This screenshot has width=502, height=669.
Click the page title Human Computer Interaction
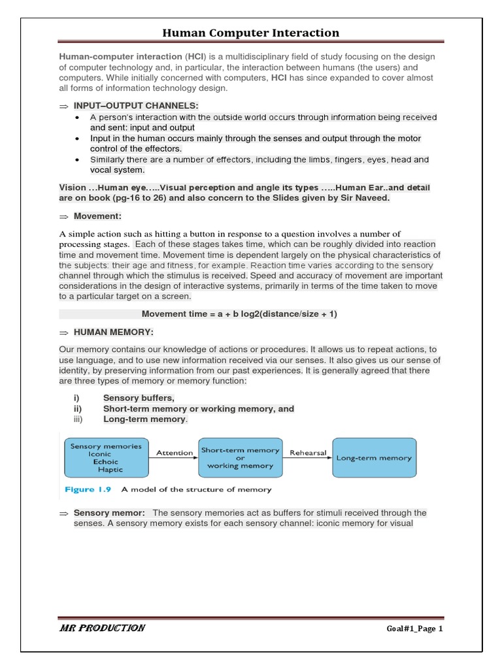coord(251,33)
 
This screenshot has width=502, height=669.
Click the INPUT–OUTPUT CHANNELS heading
coord(136,106)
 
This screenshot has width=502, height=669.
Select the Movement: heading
coord(97,216)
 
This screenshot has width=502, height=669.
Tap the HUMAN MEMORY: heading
coord(113,333)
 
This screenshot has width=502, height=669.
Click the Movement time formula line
coord(239,314)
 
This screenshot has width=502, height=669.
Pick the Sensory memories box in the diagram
coord(106,457)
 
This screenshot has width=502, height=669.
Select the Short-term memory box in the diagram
coord(240,457)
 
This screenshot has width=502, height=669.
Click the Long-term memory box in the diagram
coord(374,457)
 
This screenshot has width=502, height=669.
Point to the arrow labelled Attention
coord(174,457)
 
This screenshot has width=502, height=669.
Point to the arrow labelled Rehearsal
coord(308,457)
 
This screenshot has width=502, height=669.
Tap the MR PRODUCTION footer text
coord(102,628)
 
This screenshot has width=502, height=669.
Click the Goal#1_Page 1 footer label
coord(414,629)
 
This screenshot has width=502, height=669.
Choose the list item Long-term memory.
coord(145,419)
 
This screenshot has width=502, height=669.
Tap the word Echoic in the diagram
coord(105,462)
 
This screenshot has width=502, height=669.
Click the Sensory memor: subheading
coord(109,513)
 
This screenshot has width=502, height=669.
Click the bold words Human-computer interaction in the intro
coord(120,57)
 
